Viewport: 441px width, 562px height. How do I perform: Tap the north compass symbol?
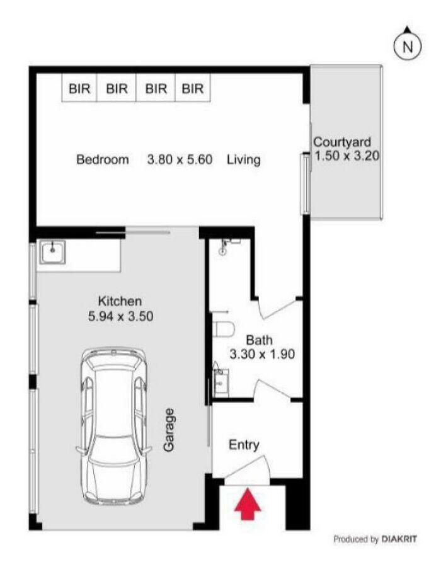(408, 45)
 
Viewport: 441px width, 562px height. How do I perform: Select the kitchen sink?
(53, 252)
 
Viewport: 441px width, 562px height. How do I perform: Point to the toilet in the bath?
(224, 328)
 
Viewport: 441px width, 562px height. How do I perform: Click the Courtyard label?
(342, 142)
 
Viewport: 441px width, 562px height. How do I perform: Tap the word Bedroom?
(103, 159)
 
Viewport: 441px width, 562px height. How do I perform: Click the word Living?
(243, 159)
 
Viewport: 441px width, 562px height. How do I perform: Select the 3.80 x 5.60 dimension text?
(180, 159)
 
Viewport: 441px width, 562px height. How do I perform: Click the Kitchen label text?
(120, 301)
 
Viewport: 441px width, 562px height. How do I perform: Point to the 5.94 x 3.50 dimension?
(120, 316)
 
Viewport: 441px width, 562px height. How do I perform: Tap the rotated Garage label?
(169, 430)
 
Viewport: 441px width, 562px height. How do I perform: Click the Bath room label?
(259, 340)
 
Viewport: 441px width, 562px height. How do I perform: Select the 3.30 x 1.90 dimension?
(262, 354)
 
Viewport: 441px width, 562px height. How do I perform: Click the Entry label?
(244, 445)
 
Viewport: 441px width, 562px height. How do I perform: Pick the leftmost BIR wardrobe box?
(79, 88)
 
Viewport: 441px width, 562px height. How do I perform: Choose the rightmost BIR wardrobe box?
(193, 88)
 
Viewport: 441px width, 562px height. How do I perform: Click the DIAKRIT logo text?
(399, 539)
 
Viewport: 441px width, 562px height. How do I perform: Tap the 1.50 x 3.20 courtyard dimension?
(347, 156)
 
